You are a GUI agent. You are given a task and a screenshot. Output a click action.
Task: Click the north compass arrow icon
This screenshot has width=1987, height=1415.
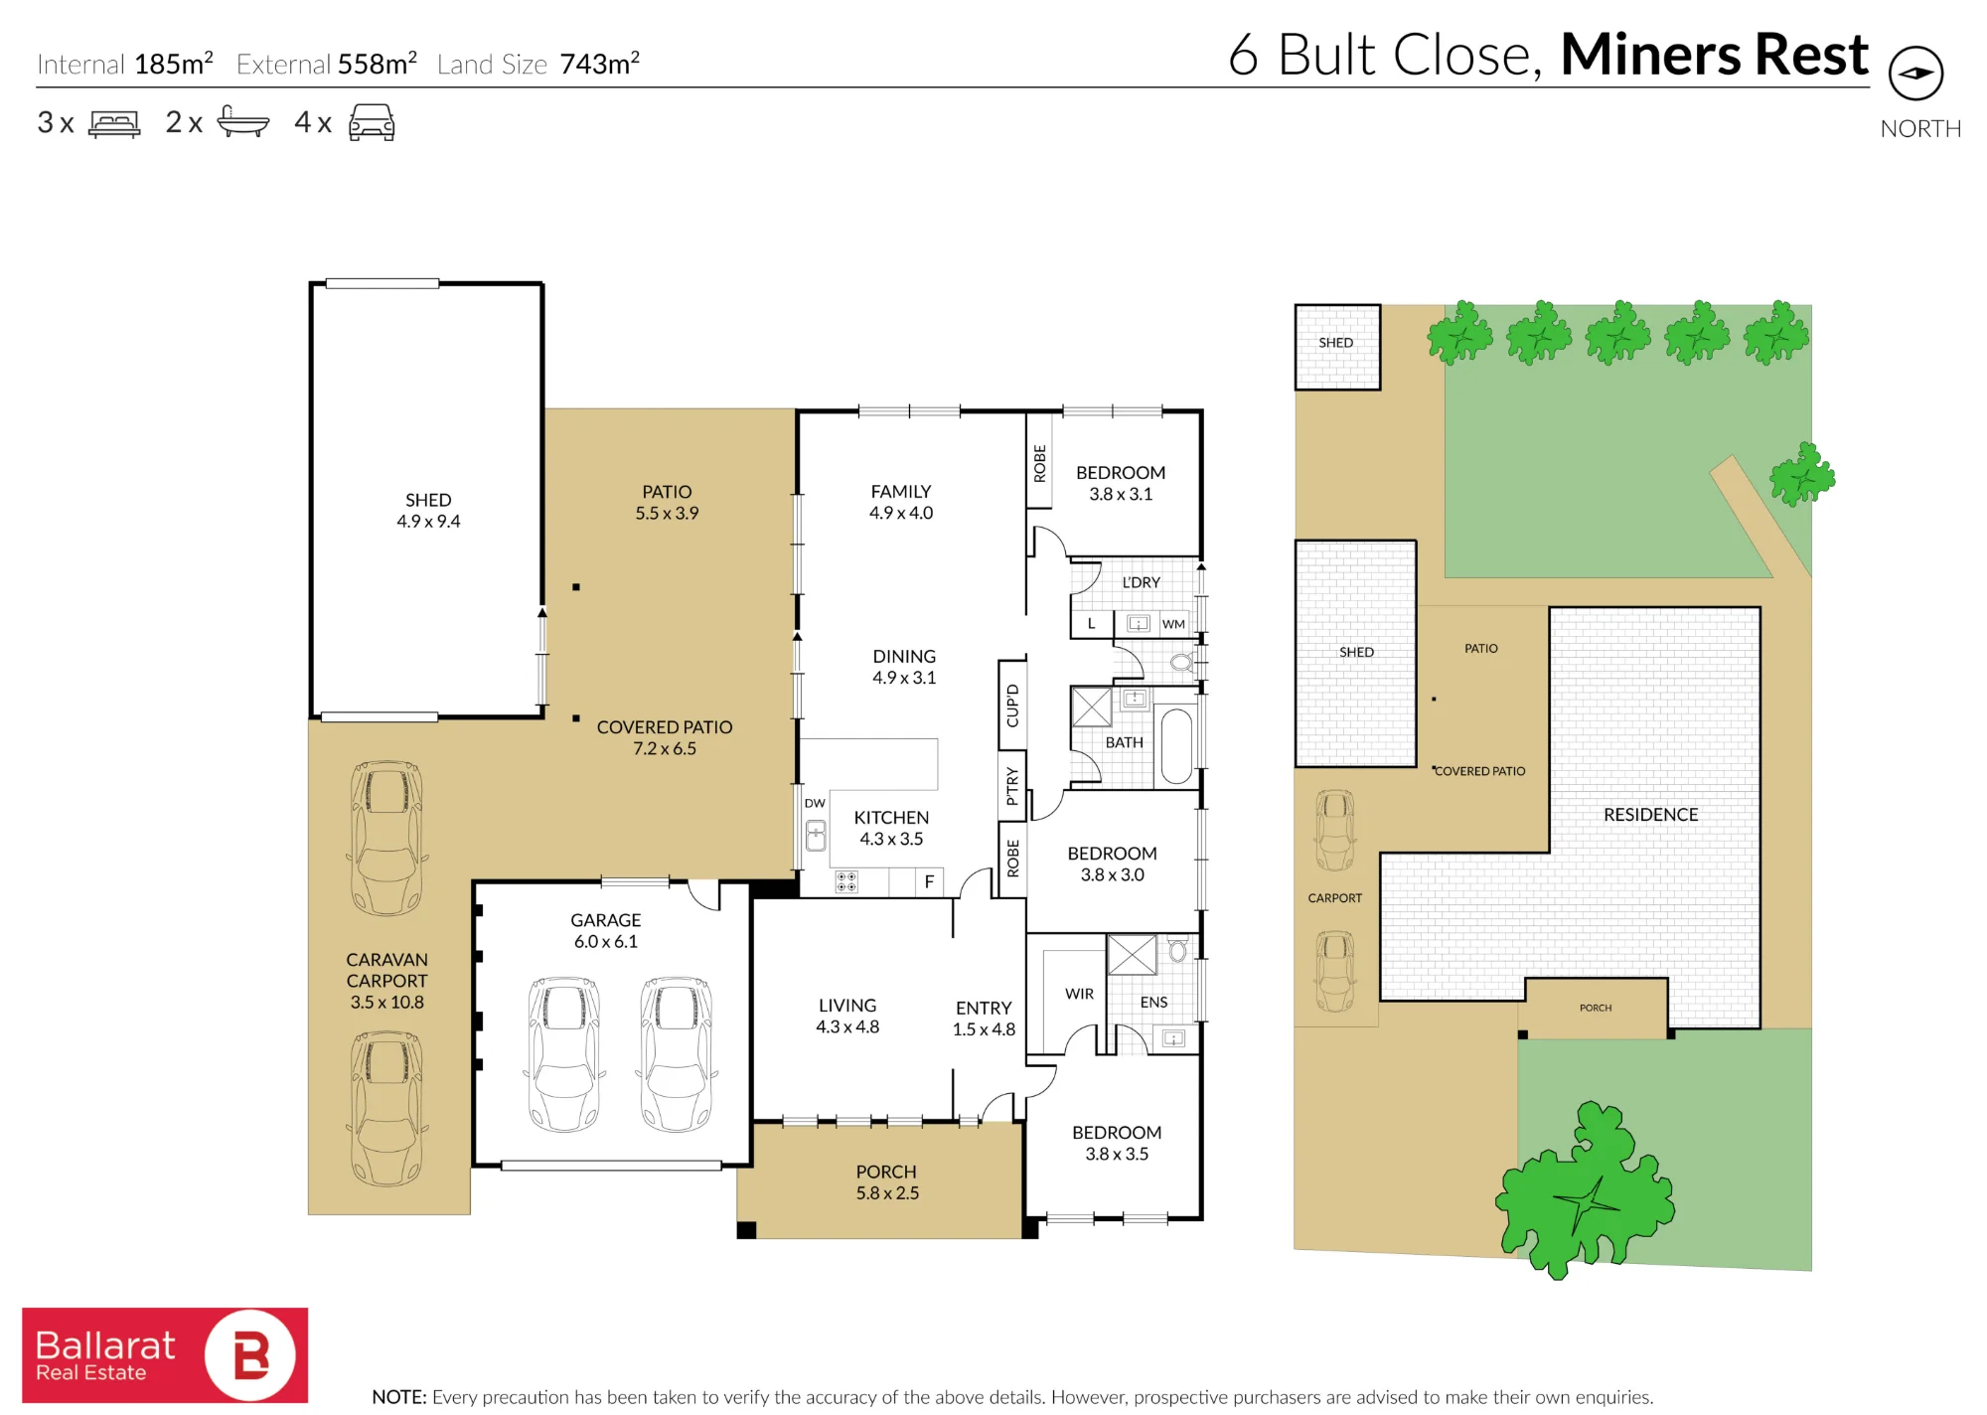[1915, 73]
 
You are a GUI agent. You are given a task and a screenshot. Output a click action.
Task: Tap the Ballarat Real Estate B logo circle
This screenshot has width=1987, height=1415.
[250, 1355]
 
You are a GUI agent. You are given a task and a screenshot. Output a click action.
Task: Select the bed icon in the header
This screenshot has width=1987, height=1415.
[114, 123]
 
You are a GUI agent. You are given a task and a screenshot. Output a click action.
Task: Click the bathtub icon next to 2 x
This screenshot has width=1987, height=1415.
[242, 121]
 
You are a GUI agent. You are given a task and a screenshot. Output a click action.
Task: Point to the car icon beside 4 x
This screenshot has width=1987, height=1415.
[372, 122]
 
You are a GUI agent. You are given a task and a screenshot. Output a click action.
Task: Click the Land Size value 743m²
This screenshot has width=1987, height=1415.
[600, 64]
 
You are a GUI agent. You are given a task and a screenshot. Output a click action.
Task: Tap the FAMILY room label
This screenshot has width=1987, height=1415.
[901, 492]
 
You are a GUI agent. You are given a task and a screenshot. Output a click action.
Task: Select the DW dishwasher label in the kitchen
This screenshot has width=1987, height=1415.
[815, 803]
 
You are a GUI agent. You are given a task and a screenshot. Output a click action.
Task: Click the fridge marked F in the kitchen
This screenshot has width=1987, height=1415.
[929, 881]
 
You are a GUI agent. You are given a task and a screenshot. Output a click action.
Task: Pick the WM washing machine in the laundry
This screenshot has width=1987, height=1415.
[1173, 624]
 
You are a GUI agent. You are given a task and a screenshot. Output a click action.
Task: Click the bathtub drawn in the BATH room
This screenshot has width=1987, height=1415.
[1177, 745]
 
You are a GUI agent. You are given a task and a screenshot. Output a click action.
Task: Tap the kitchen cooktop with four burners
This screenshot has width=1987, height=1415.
[846, 881]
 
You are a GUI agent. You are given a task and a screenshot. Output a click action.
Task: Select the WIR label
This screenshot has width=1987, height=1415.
[1079, 994]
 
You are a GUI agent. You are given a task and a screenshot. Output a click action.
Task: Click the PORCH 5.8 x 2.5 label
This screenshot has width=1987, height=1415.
[887, 1182]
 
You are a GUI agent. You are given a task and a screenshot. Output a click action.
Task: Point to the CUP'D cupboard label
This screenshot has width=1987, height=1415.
[1012, 706]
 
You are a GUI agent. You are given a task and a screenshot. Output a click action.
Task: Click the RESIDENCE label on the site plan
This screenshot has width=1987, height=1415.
[1650, 815]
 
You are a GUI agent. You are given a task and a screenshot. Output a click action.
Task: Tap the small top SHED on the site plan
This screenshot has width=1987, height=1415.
[1337, 347]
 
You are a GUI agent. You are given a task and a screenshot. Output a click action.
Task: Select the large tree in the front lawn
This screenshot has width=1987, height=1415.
[1585, 1189]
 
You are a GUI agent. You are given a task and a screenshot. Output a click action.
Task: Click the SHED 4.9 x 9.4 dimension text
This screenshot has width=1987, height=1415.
[428, 522]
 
